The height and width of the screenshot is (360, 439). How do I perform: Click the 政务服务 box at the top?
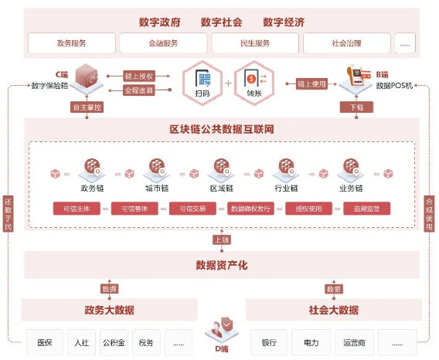pyautogui.click(x=71, y=43)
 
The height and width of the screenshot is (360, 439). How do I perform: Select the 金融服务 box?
pyautogui.click(x=162, y=43)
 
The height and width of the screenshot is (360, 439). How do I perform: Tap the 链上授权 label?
pyautogui.click(x=140, y=76)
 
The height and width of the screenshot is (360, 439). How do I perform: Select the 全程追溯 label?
pyautogui.click(x=140, y=90)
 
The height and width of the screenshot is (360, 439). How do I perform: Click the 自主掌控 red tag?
pyautogui.click(x=87, y=107)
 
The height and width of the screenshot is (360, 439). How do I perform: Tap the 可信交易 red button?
pyautogui.click(x=193, y=208)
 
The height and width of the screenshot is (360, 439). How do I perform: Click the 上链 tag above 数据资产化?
pyautogui.click(x=221, y=239)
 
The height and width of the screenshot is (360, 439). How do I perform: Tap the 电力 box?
pyautogui.click(x=311, y=341)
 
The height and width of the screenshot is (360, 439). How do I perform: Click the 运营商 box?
pyautogui.click(x=354, y=341)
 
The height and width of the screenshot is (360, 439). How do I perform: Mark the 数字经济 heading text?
pyautogui.click(x=284, y=22)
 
